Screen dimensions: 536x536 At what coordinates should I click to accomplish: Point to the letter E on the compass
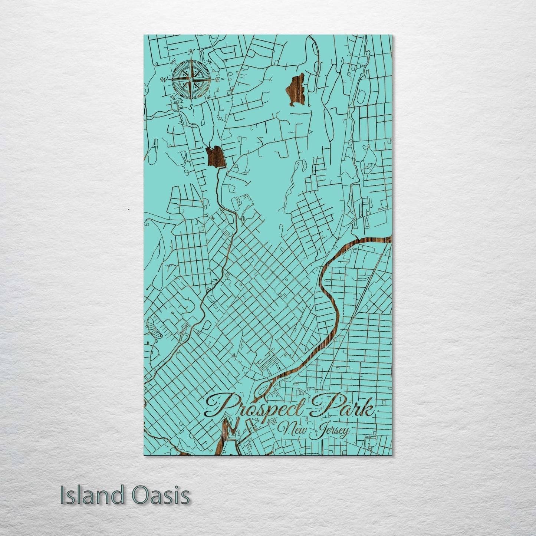tap(218, 79)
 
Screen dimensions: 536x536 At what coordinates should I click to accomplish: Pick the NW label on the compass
tap(173, 62)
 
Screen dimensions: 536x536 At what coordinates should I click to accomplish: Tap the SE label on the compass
tap(209, 97)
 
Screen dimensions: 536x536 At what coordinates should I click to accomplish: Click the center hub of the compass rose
tap(191, 79)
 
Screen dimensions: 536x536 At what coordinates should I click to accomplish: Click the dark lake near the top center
tap(296, 89)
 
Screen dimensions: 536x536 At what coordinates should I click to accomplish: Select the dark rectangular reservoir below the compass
tap(216, 157)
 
